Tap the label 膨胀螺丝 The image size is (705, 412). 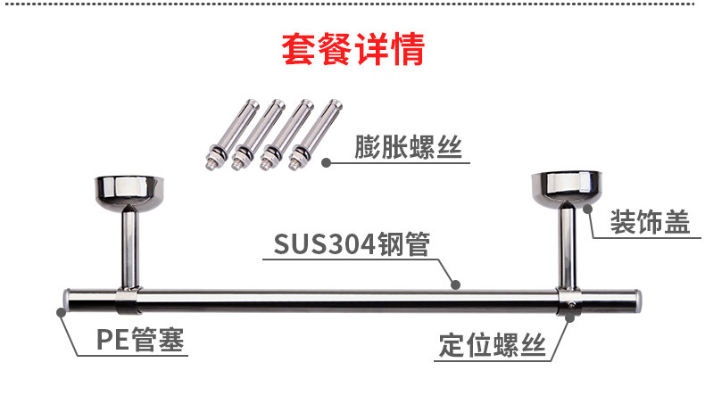click(x=410, y=146)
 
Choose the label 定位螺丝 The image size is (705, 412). click(x=491, y=345)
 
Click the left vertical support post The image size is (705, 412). click(x=129, y=245)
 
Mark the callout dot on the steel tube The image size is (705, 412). click(x=456, y=285)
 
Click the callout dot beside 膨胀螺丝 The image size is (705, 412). click(x=327, y=162)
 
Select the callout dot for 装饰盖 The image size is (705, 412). click(x=587, y=210)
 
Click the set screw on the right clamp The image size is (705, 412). click(x=569, y=308)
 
